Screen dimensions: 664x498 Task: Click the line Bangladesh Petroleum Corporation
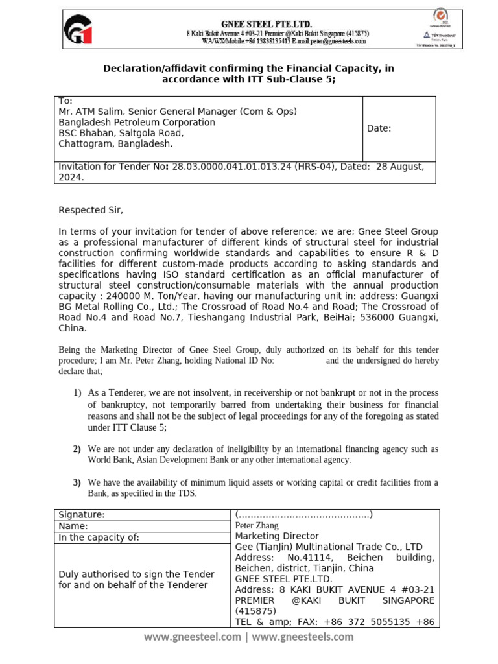pos(137,122)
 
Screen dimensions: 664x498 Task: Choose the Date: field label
pos(379,128)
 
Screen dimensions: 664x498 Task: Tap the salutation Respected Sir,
pos(90,210)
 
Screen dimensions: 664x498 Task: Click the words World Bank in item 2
pos(110,460)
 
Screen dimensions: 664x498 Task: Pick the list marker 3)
pos(77,482)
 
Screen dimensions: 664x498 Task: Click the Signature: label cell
pos(82,514)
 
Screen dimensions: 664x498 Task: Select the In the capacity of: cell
pos(99,538)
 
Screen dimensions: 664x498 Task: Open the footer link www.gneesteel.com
pos(192,637)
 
